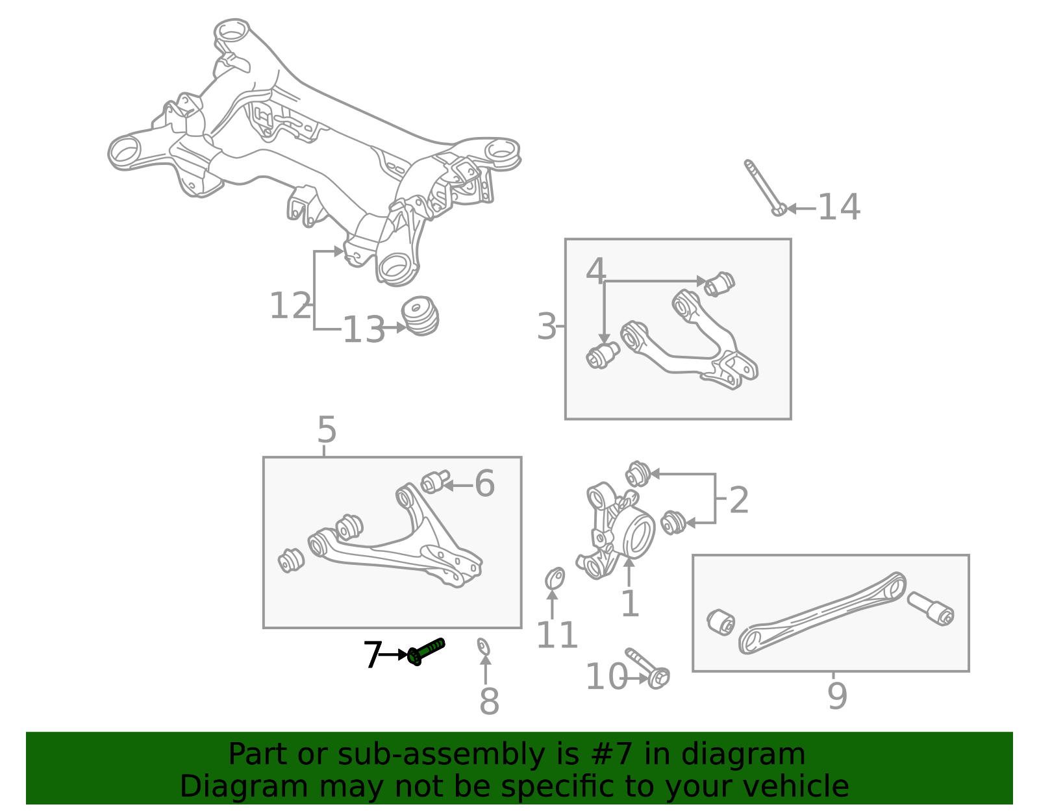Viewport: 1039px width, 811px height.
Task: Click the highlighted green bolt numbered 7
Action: pyautogui.click(x=426, y=651)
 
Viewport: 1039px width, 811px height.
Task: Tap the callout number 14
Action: pyautogui.click(x=838, y=208)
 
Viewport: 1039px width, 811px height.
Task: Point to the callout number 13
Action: pyautogui.click(x=364, y=330)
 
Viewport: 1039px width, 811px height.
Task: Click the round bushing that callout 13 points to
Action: pyautogui.click(x=420, y=316)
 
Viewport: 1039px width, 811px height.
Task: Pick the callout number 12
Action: pyautogui.click(x=290, y=306)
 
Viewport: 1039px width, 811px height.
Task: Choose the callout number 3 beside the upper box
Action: pyautogui.click(x=547, y=327)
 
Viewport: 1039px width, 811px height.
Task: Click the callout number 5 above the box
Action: pyautogui.click(x=327, y=430)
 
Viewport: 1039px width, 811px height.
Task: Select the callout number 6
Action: pyautogui.click(x=484, y=484)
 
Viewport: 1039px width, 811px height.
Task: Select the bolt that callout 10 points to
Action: pyautogui.click(x=647, y=669)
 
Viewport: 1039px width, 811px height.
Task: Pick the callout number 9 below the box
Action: pyautogui.click(x=837, y=696)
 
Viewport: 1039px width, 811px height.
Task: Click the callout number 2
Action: pyautogui.click(x=738, y=500)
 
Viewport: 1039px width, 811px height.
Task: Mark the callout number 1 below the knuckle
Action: pyautogui.click(x=630, y=604)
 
